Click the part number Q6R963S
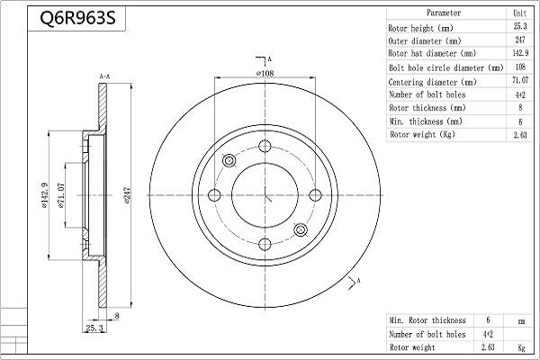(77, 17)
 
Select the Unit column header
(519, 13)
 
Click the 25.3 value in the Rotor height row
(519, 27)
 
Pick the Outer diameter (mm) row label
(426, 40)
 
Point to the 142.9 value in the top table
(519, 54)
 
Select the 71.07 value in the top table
(519, 81)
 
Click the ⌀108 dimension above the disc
(265, 72)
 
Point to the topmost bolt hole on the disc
(265, 148)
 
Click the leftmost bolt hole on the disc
(214, 196)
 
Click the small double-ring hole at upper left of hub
(229, 161)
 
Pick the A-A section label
(104, 78)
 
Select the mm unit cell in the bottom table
(520, 320)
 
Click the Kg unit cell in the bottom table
(520, 346)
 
